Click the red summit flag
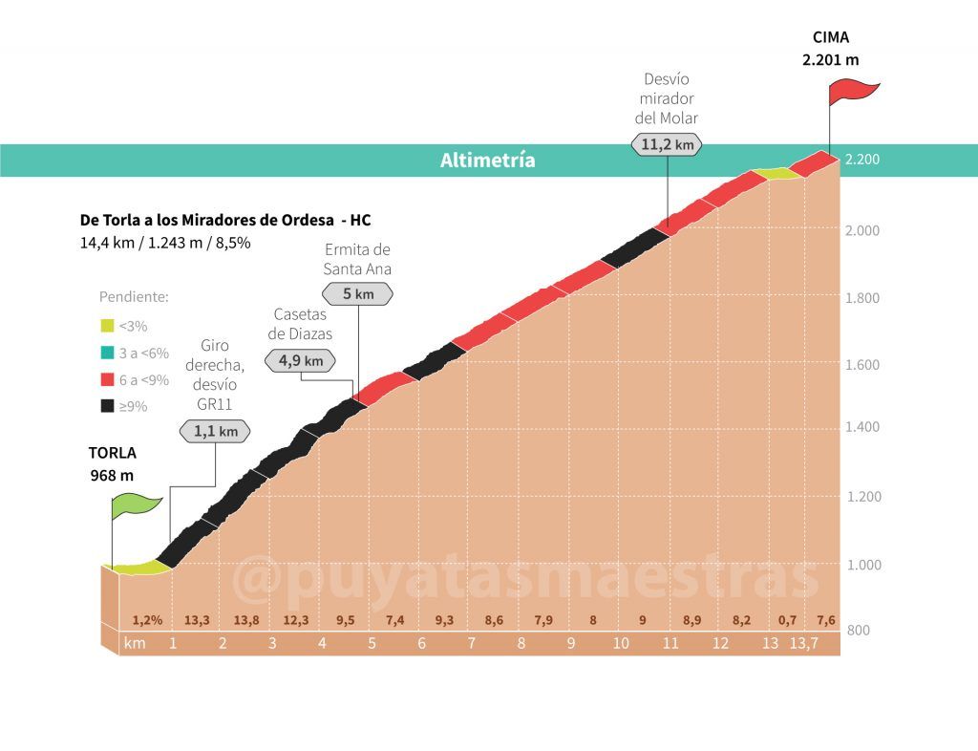point(852,92)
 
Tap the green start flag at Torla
point(136,504)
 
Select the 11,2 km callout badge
point(667,144)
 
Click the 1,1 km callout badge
point(215,431)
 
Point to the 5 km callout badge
point(358,293)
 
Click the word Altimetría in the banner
point(488,161)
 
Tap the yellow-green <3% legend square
point(107,326)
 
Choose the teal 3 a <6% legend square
point(107,353)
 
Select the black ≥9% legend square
point(107,406)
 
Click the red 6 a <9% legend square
point(107,379)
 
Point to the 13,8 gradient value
point(246,620)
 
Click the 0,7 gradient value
point(787,620)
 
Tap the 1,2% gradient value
point(147,620)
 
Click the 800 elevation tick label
point(860,631)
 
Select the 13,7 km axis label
point(803,643)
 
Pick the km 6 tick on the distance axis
point(421,643)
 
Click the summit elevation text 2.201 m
point(830,59)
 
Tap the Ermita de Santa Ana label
point(357,259)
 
